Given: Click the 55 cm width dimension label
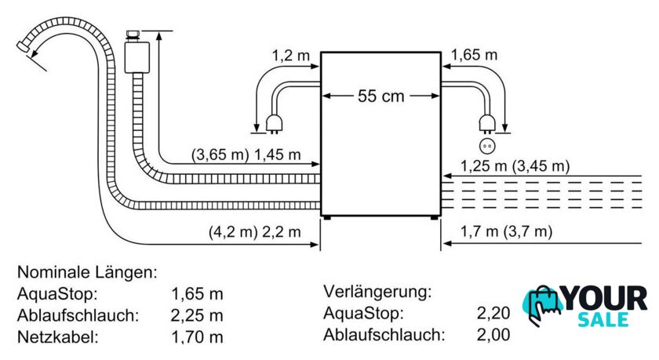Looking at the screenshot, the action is click(x=380, y=96).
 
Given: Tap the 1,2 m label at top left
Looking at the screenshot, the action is click(x=290, y=55).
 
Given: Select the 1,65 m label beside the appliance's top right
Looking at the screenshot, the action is click(x=474, y=55).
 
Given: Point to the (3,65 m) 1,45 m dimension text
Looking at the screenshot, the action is click(x=246, y=155).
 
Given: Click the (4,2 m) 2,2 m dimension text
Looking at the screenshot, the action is click(x=255, y=231).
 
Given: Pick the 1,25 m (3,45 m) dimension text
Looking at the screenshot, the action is click(x=515, y=166).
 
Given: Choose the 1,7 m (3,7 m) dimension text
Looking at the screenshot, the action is click(x=506, y=231).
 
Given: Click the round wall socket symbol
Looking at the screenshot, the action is click(x=487, y=146).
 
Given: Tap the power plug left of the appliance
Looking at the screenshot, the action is click(x=274, y=125).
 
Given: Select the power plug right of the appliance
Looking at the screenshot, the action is click(x=487, y=125).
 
